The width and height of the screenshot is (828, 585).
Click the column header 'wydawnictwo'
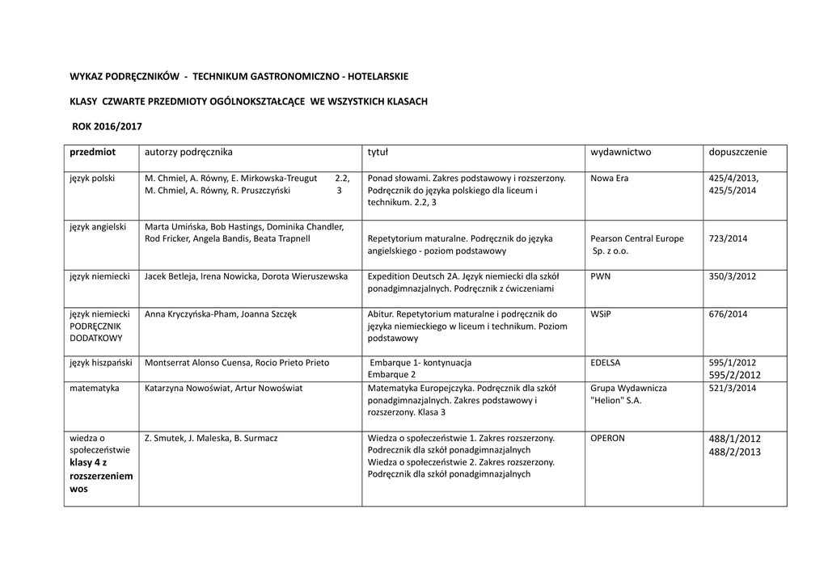(x=620, y=152)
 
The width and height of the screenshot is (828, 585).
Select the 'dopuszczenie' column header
(x=737, y=152)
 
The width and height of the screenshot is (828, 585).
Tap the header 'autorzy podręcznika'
(x=188, y=152)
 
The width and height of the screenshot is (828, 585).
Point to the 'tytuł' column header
(x=378, y=152)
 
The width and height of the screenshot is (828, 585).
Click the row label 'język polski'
(x=92, y=178)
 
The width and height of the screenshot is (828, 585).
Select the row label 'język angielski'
(x=98, y=227)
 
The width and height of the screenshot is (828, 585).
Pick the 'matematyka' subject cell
(x=95, y=389)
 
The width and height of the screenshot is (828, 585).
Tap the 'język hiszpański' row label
(x=101, y=363)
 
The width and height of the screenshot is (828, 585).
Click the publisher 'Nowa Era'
(x=610, y=178)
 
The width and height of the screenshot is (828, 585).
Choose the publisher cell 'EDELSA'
(x=606, y=363)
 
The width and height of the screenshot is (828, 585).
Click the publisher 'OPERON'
(x=608, y=438)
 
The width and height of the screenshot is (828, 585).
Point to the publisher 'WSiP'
(x=601, y=314)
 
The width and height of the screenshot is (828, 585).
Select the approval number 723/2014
(x=728, y=239)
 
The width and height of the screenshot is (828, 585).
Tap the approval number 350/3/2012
(x=732, y=276)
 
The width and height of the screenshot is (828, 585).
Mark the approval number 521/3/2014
(x=732, y=389)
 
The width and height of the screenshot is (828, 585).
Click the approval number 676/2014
(x=728, y=314)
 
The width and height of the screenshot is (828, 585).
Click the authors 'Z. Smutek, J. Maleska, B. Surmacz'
(x=211, y=438)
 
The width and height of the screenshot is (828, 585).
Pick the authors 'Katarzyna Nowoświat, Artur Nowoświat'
(x=223, y=389)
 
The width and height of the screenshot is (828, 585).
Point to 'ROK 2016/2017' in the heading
(x=107, y=127)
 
